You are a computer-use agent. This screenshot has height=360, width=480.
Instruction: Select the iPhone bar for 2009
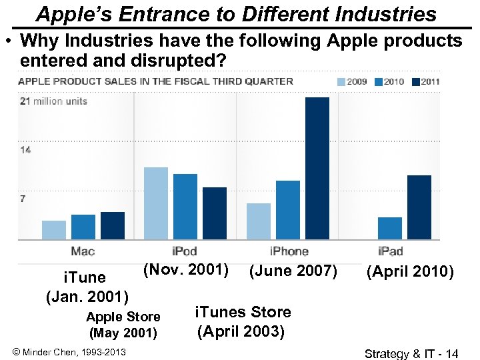coord(259,221)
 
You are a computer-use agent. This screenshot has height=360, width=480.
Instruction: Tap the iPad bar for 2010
coord(390,228)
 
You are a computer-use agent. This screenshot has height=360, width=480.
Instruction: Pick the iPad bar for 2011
coord(419,207)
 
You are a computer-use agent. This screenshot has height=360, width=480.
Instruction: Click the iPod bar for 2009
coord(156,203)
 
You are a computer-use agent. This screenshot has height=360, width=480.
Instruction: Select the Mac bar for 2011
coord(113,225)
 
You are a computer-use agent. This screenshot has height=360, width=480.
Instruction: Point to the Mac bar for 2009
coord(54,229)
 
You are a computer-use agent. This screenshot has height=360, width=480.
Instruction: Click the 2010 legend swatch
coord(379,82)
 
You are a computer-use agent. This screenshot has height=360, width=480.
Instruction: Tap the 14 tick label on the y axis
coord(25,150)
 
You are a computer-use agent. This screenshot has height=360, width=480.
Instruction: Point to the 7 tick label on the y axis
coord(23,199)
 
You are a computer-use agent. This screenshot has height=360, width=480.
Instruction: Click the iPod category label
coord(185,251)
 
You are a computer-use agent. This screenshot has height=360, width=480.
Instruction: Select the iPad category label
coord(391,251)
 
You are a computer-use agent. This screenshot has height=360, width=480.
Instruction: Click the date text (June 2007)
coord(293,271)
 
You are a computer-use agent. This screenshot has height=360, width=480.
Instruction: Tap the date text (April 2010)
coord(410,273)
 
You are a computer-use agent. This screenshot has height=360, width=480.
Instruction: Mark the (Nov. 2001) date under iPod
coord(186,270)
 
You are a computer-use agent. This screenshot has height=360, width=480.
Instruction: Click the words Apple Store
coord(123,317)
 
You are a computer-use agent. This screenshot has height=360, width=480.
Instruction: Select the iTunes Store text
coord(243,312)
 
